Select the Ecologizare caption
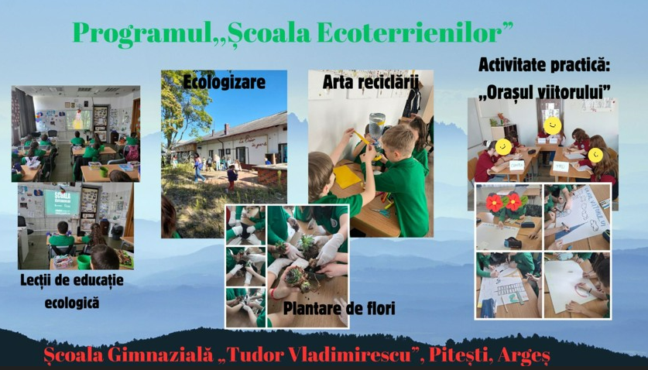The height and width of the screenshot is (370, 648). [224, 82]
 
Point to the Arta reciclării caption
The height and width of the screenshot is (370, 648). [371, 81]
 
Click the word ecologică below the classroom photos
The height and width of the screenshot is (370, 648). [72, 303]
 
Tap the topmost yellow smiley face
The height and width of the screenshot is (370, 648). [553, 125]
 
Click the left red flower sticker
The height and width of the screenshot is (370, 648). [494, 202]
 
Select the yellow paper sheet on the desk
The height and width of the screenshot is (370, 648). [347, 176]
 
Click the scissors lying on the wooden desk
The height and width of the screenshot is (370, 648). [380, 212]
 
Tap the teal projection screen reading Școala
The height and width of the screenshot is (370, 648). [63, 202]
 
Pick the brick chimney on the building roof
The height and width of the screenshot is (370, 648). [226, 128]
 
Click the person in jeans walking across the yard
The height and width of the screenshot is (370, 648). [199, 167]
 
